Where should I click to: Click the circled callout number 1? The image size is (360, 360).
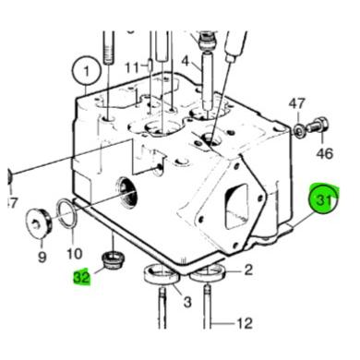(x=88, y=70)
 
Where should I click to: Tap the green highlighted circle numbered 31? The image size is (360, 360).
(x=324, y=198)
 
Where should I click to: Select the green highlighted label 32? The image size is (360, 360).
(x=82, y=275)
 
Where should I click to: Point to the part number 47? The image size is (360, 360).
(x=297, y=103)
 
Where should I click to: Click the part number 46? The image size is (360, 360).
(x=324, y=151)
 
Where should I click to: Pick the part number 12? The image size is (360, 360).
(x=244, y=323)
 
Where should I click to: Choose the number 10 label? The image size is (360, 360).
(x=73, y=254)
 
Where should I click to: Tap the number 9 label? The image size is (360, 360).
(x=42, y=257)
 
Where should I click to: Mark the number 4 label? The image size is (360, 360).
(x=185, y=62)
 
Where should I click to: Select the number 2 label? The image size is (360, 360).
(x=246, y=270)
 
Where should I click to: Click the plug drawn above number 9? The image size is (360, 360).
(x=38, y=222)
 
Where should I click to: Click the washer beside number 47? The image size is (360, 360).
(x=300, y=130)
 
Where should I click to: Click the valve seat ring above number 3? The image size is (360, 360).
(x=161, y=275)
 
